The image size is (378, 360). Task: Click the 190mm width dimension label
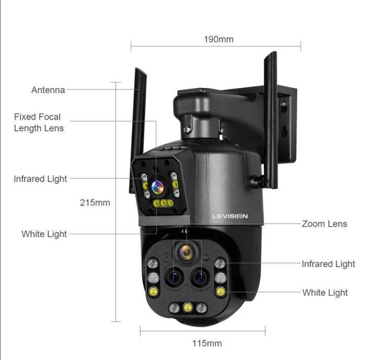coord(218,39)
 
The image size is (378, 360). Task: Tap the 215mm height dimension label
coord(95,202)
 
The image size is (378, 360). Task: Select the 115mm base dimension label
coord(207,343)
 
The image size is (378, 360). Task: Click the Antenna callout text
coord(48,90)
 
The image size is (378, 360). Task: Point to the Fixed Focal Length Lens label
coord(39,123)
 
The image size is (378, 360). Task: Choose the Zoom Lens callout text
coord(324,224)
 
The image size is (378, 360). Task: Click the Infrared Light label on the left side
coord(40,179)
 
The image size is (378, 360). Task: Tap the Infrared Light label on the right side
coord(328,264)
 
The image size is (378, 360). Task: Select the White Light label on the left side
coord(44,234)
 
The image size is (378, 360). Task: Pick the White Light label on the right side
coord(325,293)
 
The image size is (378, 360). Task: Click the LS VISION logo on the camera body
coord(230,216)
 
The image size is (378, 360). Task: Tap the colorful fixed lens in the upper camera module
coord(158,187)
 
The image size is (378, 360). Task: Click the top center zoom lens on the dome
coord(186,252)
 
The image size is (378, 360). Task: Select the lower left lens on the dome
coord(174,277)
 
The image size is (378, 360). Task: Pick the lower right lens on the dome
coord(200,277)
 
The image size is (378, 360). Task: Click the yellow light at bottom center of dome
coord(188,307)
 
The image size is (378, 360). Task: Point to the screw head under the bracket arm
coord(187,129)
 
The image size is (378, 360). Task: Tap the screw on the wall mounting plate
coord(283,104)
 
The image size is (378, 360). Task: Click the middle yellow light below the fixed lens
coord(163,203)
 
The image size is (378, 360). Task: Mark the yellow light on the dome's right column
coord(221,292)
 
